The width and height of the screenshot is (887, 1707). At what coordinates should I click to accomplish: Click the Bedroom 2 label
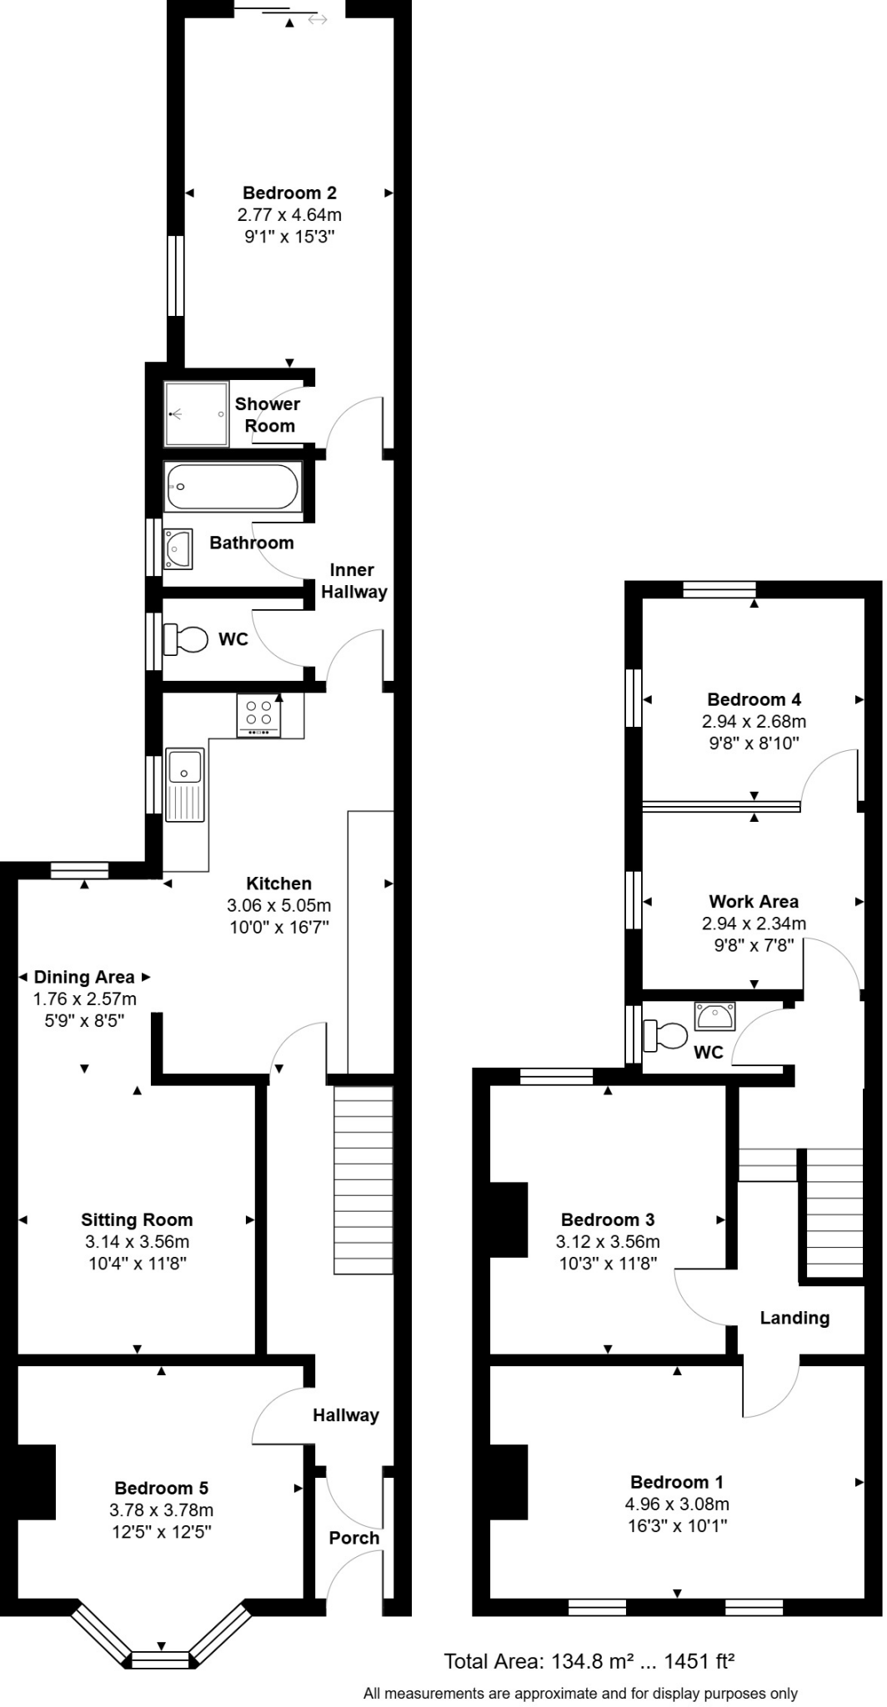tap(289, 193)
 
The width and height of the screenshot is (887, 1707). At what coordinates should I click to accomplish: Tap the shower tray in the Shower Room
tap(196, 413)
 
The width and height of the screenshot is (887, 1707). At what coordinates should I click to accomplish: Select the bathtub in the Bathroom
tap(233, 488)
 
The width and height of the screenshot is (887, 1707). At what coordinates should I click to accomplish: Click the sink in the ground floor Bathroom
tap(178, 548)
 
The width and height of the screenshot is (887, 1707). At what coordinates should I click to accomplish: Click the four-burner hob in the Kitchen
tap(259, 714)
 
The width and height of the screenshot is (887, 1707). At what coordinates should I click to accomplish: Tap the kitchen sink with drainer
tap(185, 783)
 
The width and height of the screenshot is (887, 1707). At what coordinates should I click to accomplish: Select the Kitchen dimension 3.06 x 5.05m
tap(278, 905)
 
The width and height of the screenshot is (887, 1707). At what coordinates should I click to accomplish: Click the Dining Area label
tap(83, 977)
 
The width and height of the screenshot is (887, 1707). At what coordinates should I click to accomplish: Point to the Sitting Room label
tap(137, 1219)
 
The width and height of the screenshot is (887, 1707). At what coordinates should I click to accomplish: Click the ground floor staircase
tap(363, 1179)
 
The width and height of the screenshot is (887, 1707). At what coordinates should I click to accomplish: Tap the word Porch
tap(353, 1538)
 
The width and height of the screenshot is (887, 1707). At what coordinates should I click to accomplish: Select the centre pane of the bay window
tap(161, 1660)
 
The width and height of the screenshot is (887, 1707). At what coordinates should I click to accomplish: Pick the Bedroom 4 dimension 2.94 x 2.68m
tap(754, 722)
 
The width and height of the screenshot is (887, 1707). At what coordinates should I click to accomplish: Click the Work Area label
tap(754, 901)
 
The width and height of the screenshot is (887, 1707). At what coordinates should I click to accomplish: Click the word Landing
tap(794, 1318)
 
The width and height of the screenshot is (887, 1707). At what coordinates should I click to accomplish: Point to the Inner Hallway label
tap(353, 581)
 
